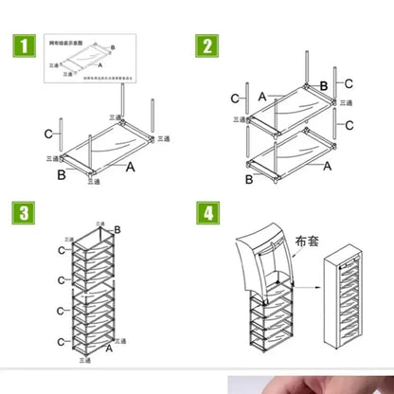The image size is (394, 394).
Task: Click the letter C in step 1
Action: coord(48,134)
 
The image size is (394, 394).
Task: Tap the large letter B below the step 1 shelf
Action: coord(61,174)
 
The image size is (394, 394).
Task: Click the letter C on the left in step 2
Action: coord(235,98)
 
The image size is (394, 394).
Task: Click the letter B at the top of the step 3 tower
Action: coord(117,229)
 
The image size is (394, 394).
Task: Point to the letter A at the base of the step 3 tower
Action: coord(107,349)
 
